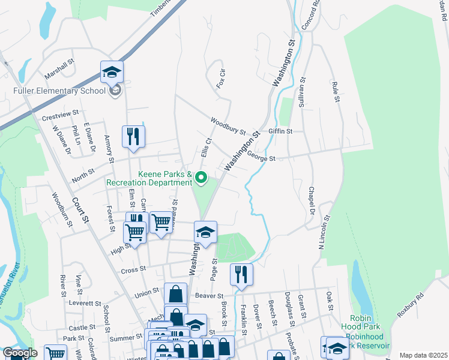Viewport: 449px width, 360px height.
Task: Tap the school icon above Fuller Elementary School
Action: [112, 73]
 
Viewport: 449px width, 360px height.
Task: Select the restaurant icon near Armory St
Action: [133, 136]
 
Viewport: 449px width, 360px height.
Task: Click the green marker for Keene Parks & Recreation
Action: [202, 177]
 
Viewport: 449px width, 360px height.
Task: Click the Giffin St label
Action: [280, 131]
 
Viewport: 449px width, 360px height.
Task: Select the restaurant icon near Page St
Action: [241, 275]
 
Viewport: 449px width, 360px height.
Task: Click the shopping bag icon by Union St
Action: [175, 295]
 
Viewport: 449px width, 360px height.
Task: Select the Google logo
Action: [20, 353]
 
